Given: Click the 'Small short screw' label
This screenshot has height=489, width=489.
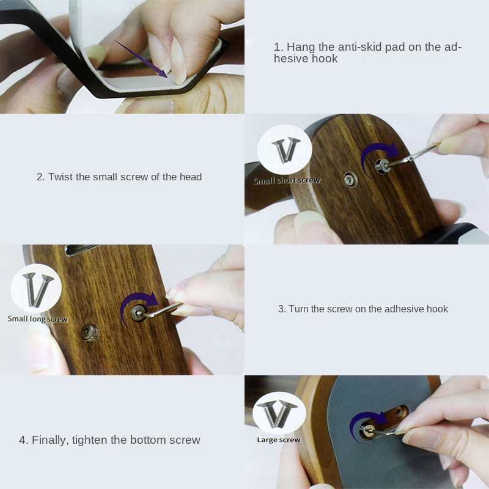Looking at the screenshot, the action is [287, 180].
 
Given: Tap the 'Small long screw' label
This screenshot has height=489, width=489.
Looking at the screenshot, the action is [37, 318].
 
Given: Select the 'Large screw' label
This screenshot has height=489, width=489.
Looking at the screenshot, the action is [279, 439].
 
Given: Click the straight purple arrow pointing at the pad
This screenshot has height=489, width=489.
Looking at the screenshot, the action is [141, 58].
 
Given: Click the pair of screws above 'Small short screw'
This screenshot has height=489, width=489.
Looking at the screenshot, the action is [285, 150].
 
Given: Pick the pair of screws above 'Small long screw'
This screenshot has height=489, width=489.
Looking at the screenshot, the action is [37, 290].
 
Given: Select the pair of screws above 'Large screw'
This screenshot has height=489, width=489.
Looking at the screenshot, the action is [278, 413].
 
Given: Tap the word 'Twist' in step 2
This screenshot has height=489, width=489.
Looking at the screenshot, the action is [61, 177].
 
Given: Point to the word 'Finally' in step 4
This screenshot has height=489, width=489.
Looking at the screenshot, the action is [50, 440].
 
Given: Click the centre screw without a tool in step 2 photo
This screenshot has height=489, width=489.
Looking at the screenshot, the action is [350, 180].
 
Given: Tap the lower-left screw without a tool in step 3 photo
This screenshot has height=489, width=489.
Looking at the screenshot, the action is [89, 333].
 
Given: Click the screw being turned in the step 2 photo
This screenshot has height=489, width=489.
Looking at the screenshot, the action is [382, 166].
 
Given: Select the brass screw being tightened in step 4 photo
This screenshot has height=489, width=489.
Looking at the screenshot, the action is [367, 431].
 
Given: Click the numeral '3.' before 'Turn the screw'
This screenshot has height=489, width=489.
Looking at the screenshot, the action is [282, 309].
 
